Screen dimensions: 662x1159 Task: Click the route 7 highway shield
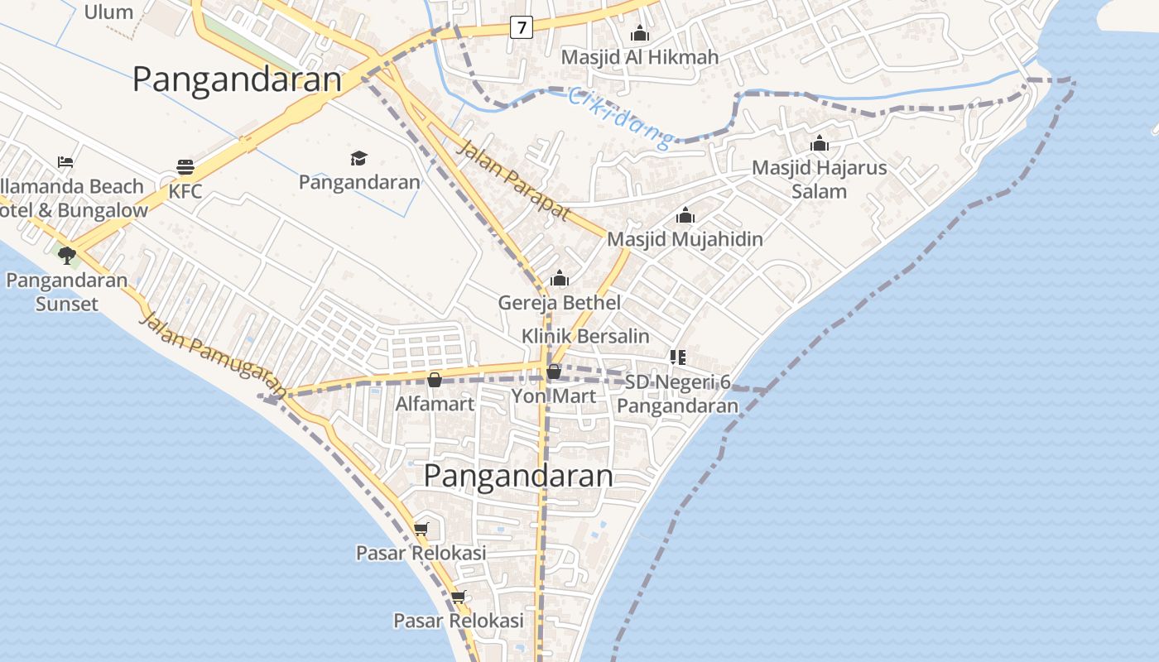521,27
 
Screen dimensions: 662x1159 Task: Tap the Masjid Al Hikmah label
639,57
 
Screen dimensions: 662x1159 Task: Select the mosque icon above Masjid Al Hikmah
639,34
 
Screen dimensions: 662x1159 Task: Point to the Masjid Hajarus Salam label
819,180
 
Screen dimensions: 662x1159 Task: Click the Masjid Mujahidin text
685,239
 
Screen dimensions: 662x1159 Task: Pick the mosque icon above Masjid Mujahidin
685,216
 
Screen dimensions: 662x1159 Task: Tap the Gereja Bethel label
559,303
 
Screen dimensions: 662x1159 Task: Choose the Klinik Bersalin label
585,337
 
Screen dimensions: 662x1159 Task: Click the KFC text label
185,191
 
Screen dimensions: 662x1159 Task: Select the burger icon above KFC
185,167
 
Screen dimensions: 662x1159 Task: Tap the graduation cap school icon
358,158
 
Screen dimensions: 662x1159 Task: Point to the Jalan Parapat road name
513,180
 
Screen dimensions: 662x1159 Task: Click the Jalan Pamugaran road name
214,354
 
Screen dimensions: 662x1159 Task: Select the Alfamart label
435,404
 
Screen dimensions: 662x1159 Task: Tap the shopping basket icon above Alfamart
435,380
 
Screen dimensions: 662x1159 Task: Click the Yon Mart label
553,396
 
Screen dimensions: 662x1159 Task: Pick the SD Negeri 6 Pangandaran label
677,394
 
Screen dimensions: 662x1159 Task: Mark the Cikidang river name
622,119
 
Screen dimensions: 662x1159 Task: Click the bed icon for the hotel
65,162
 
